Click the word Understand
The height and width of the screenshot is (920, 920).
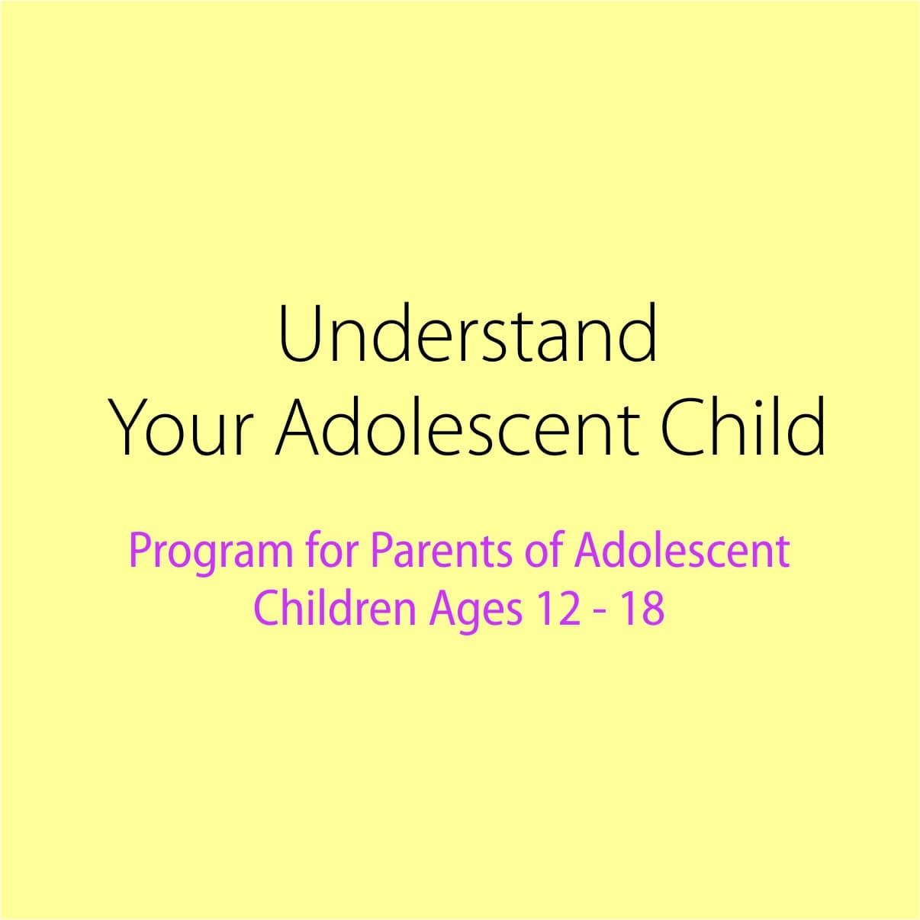click(x=468, y=333)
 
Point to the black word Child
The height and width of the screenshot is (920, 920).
click(x=742, y=424)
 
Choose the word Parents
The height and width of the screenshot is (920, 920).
click(x=442, y=551)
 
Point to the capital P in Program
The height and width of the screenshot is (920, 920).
click(x=141, y=551)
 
